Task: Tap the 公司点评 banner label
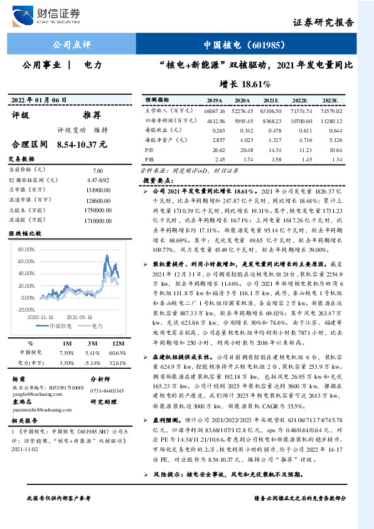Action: pyautogui.click(x=71, y=45)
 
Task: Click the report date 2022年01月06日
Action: pyautogui.click(x=39, y=101)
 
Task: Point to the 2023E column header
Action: pyautogui.click(x=329, y=101)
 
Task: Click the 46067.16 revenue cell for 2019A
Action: pyautogui.click(x=215, y=111)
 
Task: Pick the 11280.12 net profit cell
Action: pyautogui.click(x=330, y=121)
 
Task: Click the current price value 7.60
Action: pyautogui.click(x=97, y=170)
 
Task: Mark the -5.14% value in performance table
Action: pyautogui.click(x=92, y=363)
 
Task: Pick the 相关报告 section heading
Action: pyautogui.click(x=26, y=420)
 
